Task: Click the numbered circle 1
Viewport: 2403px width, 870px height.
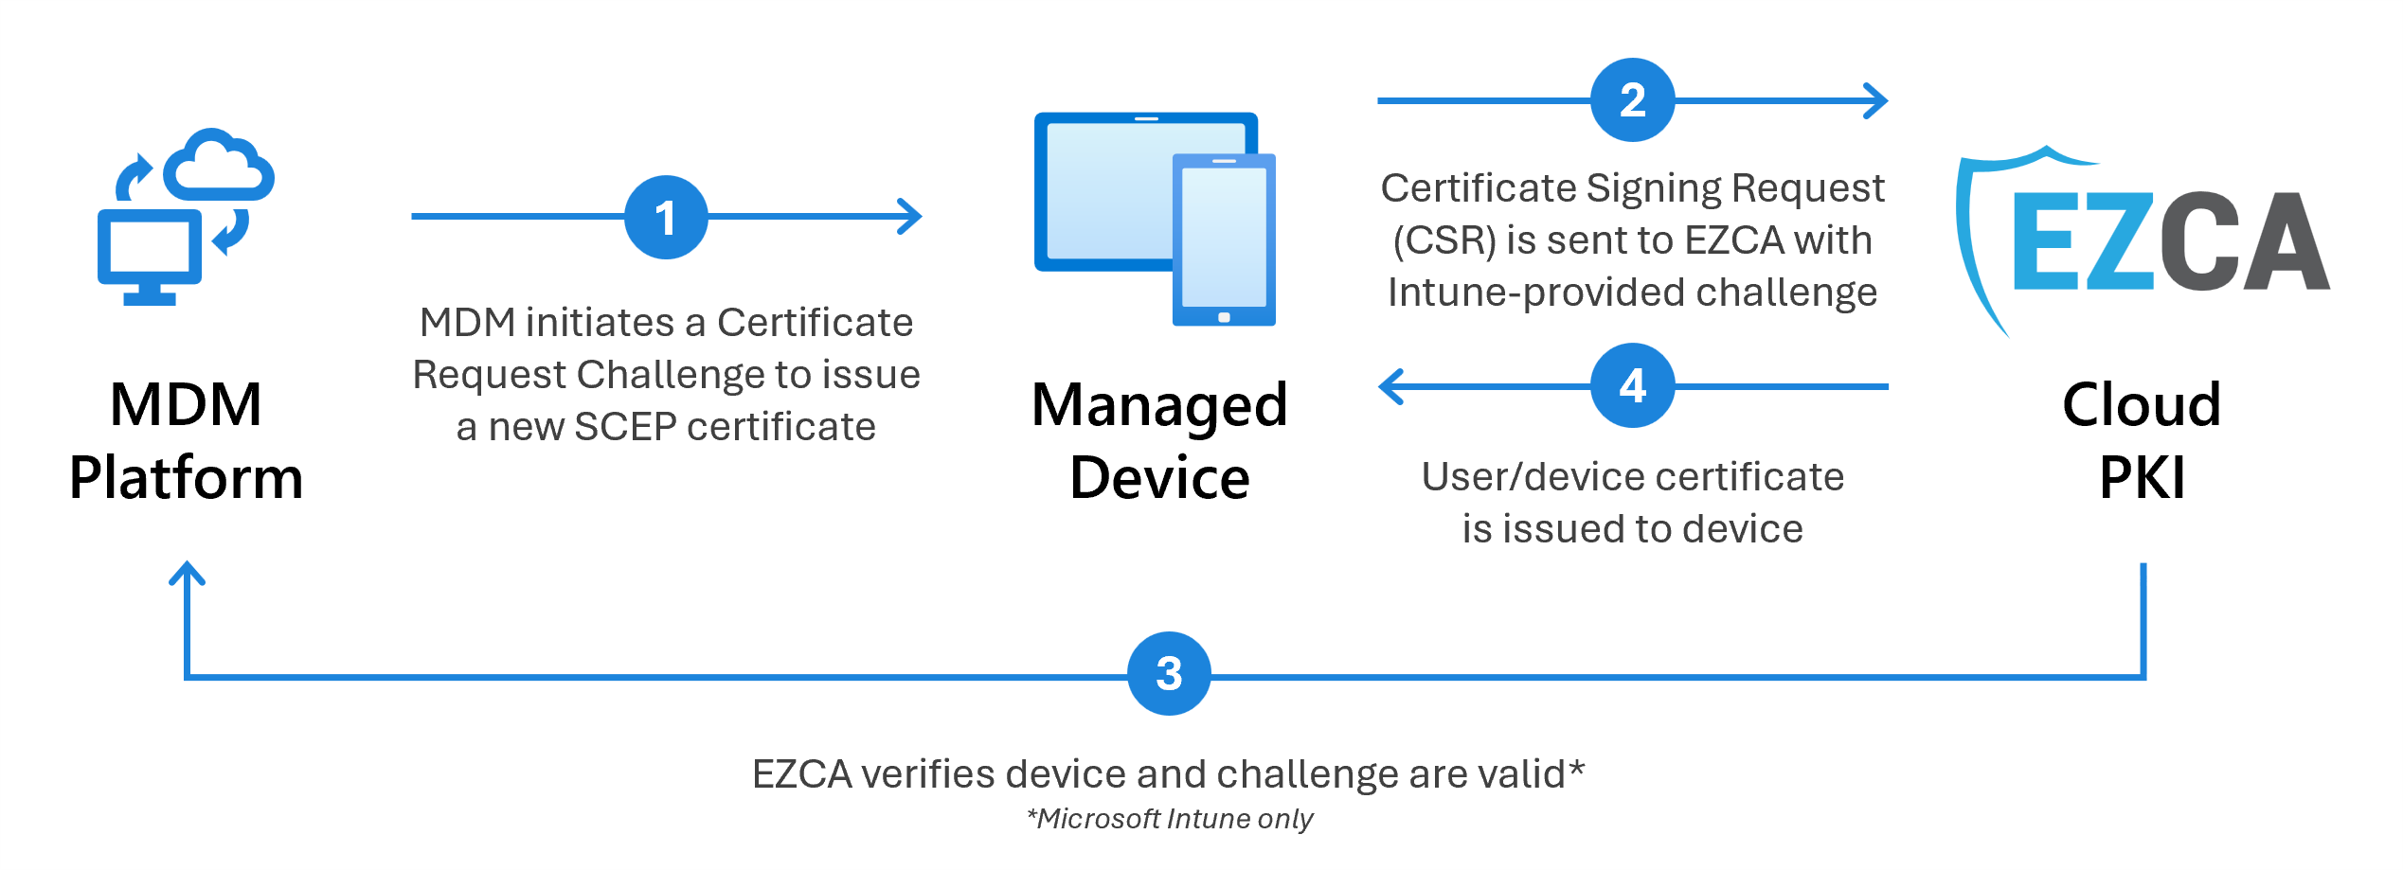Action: [666, 217]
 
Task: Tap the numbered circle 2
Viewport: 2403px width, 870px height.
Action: [1632, 100]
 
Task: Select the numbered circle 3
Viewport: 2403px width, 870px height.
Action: [1169, 673]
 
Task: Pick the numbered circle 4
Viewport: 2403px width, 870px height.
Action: [1632, 385]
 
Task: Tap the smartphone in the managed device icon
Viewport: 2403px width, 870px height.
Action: [1224, 240]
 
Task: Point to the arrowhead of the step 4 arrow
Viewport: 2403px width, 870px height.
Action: [1390, 386]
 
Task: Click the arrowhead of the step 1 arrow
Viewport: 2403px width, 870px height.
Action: [911, 217]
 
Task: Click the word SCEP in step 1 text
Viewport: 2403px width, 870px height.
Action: [624, 427]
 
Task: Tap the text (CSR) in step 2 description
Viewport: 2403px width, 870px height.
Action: [1444, 240]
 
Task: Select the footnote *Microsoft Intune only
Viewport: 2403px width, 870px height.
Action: [1171, 819]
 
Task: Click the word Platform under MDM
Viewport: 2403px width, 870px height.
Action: [187, 477]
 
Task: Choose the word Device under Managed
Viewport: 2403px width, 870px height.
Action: [1159, 477]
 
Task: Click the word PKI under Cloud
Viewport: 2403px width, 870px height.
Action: [2142, 477]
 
